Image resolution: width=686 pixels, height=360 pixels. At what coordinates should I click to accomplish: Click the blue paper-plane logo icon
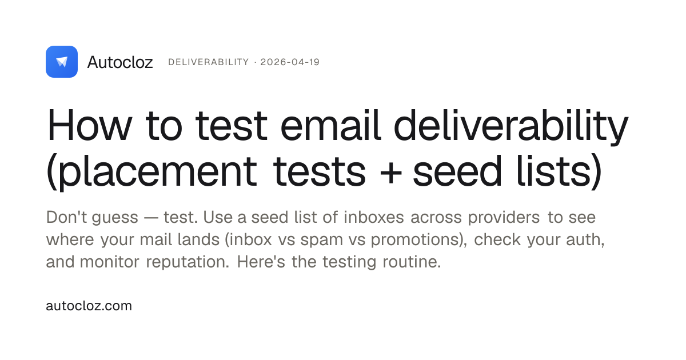click(62, 62)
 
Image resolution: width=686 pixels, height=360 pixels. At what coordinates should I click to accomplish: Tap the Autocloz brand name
click(120, 62)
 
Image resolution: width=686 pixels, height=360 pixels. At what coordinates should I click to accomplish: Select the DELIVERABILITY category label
click(209, 62)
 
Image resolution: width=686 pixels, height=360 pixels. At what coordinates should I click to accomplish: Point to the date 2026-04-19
click(290, 62)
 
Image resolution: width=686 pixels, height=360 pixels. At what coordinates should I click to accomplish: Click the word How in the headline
click(89, 126)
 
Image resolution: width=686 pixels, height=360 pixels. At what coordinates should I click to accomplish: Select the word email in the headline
click(330, 126)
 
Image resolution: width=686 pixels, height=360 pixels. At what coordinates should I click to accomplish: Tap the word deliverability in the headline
click(511, 127)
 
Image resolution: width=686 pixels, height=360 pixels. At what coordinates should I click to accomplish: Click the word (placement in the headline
click(151, 172)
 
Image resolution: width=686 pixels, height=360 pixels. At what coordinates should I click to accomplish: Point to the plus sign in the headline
click(390, 174)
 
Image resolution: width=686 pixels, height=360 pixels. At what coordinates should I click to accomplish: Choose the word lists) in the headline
click(559, 171)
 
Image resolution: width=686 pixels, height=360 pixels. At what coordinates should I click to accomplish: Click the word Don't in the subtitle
click(66, 217)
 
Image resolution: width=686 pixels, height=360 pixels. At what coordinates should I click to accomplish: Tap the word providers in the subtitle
click(504, 218)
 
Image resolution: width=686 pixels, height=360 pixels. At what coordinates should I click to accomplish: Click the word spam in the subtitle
click(321, 241)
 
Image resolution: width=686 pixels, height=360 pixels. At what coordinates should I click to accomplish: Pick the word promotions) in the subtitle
click(419, 240)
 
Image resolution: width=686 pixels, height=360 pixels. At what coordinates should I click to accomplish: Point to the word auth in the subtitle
click(585, 240)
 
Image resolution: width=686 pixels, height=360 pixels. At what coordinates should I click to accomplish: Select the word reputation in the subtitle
click(188, 263)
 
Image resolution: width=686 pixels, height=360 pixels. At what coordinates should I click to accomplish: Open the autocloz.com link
click(89, 306)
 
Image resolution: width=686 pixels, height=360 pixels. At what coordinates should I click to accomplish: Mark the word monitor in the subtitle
click(109, 262)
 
